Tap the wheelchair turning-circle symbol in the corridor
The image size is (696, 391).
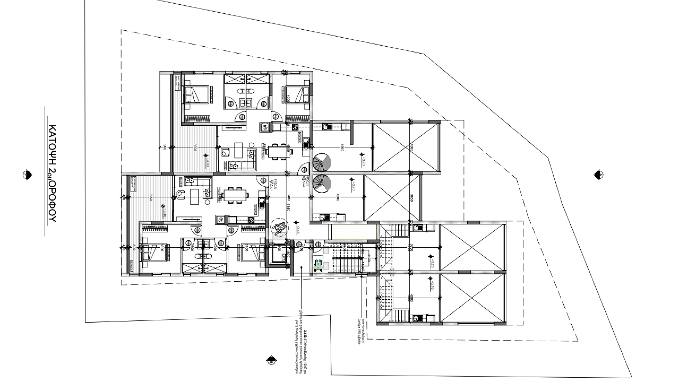point(279,227)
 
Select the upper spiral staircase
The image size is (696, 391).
point(322,163)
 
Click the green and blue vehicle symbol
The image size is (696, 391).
point(319,264)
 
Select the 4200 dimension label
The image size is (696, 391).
point(338,198)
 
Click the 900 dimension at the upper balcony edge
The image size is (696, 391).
point(165,147)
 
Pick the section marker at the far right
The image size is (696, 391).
point(598,175)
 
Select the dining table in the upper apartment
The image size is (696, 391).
point(279,151)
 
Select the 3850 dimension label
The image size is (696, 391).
point(412,198)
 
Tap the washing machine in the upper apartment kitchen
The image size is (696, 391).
point(265,127)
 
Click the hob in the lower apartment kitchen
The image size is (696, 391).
point(250,219)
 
